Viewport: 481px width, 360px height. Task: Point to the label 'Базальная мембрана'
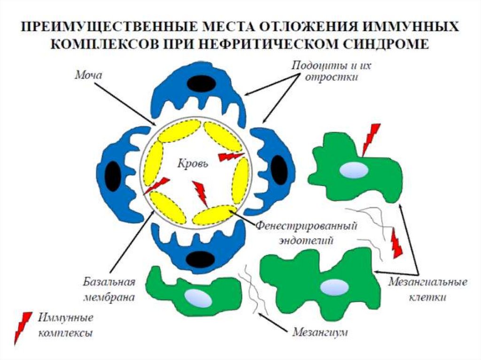click(109, 290)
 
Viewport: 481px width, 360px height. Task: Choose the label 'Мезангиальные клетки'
click(427, 290)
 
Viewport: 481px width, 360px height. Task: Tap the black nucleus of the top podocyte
click(201, 84)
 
